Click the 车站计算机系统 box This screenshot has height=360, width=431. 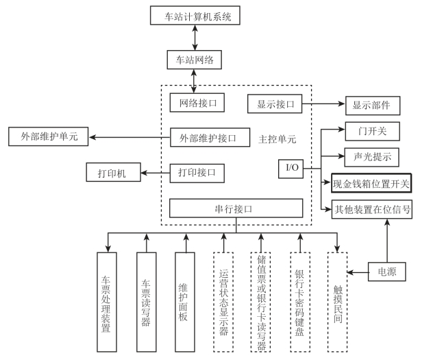(x=195, y=16)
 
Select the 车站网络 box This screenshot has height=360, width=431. (x=195, y=60)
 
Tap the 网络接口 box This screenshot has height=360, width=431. (x=197, y=104)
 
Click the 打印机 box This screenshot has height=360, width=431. (x=113, y=171)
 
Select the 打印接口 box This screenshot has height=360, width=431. (x=197, y=171)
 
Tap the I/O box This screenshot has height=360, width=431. (x=291, y=167)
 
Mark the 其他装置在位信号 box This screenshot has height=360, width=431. (x=371, y=209)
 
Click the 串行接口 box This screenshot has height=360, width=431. (x=236, y=208)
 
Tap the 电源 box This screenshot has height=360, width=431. (x=388, y=272)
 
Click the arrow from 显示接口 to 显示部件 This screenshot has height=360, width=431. (x=323, y=104)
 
